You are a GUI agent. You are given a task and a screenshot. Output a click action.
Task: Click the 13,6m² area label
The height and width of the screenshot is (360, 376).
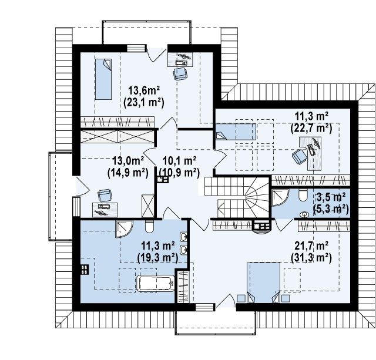pyautogui.click(x=144, y=91)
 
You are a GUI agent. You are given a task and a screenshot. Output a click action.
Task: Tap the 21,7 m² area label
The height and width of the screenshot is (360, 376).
pyautogui.click(x=311, y=246)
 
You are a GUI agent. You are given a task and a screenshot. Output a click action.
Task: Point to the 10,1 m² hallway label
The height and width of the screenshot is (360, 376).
pyautogui.click(x=180, y=160)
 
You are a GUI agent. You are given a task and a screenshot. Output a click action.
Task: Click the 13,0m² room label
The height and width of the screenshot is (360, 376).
pyautogui.click(x=128, y=160)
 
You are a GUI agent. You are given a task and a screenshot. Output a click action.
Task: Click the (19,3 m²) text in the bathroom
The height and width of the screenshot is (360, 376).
pyautogui.click(x=157, y=258)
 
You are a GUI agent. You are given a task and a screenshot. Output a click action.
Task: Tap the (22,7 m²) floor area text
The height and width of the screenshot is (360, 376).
pyautogui.click(x=311, y=129)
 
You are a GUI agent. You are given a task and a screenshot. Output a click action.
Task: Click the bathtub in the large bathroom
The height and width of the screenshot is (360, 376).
pyautogui.click(x=156, y=284)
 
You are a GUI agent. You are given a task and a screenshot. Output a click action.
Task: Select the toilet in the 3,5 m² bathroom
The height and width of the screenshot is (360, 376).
pyautogui.click(x=303, y=195)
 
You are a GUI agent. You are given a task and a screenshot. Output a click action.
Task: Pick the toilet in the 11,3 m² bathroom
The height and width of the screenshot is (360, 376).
pyautogui.click(x=149, y=227)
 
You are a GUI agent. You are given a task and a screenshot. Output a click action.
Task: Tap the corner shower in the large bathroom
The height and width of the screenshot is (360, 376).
pyautogui.click(x=124, y=229)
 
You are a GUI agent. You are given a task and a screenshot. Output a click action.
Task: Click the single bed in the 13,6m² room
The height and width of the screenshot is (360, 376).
pyautogui.click(x=103, y=79)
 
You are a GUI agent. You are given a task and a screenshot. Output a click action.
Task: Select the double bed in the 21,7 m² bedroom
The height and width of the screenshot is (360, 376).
pyautogui.click(x=264, y=283)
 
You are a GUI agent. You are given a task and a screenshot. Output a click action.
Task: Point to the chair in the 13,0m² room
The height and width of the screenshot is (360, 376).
pyautogui.click(x=105, y=196)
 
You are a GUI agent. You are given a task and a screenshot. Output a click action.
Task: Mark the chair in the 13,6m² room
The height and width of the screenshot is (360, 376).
pyautogui.click(x=180, y=73)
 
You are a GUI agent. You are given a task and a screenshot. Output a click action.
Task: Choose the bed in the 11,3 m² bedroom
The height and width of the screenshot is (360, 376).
pyautogui.click(x=236, y=132)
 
